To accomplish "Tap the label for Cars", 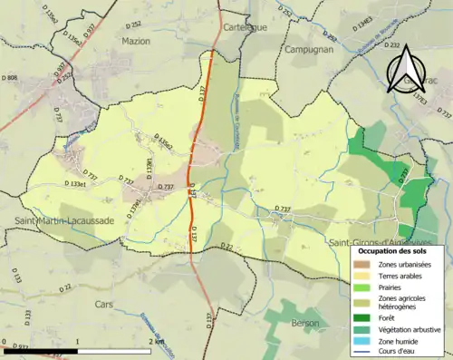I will coord(105,305).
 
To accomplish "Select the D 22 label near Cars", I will coord(66,287).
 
